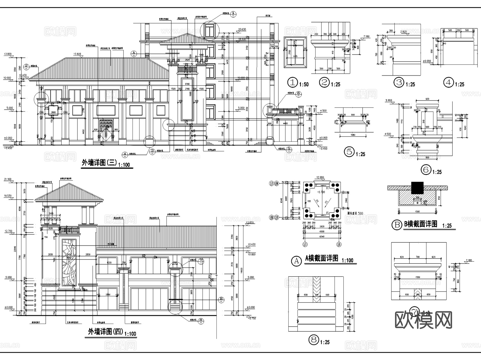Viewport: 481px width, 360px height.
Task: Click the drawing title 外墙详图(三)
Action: [x=99, y=162]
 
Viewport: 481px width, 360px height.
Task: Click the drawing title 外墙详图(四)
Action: [x=106, y=332]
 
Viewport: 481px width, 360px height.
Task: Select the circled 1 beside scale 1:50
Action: [x=292, y=82]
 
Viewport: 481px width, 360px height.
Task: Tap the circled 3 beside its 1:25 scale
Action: [x=399, y=82]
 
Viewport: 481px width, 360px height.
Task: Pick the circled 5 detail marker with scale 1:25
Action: [x=349, y=152]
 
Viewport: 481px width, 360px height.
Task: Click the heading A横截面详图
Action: [x=321, y=258]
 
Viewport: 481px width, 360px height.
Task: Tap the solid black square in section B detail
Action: [x=417, y=188]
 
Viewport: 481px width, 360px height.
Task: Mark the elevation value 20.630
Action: [x=242, y=29]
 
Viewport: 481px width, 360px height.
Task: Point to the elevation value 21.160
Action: [x=8, y=179]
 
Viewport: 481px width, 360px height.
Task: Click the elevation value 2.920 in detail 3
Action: [x=403, y=32]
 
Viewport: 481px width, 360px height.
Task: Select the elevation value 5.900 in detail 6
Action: [x=389, y=100]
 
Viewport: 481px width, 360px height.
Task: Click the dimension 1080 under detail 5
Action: [x=353, y=135]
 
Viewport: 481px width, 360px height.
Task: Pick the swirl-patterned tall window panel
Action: [x=69, y=262]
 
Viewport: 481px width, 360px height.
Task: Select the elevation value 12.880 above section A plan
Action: [x=320, y=177]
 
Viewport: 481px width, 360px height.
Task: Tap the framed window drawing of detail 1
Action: [x=295, y=52]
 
